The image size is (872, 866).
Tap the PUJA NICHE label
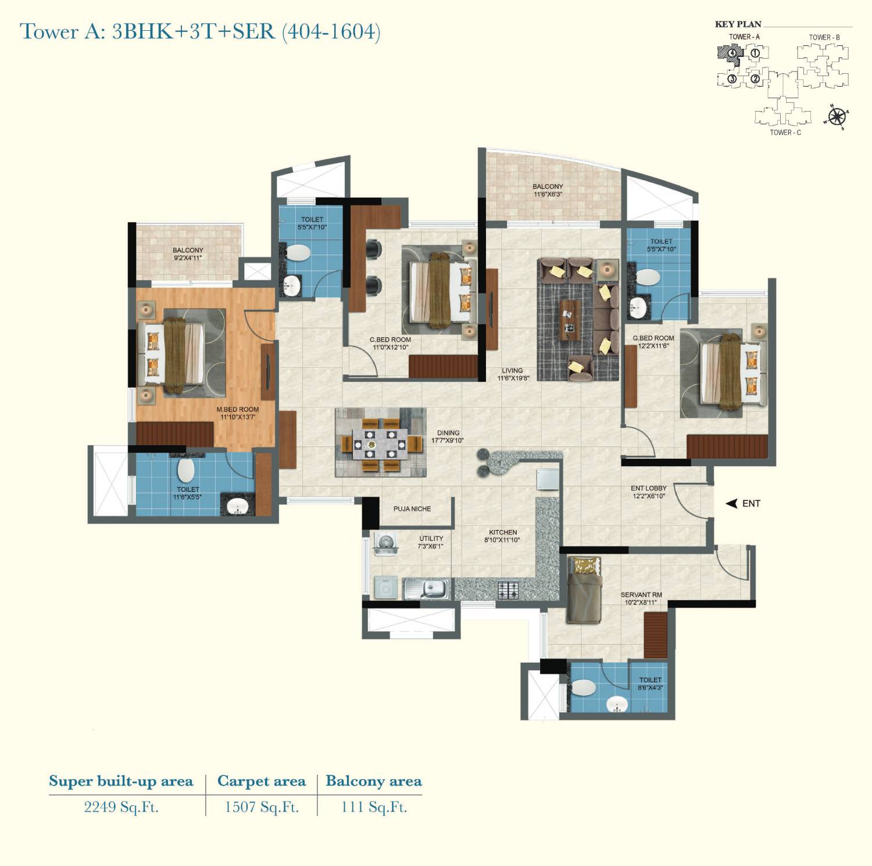point(412,509)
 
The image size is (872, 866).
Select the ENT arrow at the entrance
point(732,504)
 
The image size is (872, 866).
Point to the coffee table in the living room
point(570,320)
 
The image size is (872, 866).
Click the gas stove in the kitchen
point(508,591)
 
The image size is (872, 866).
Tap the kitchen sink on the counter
point(427,589)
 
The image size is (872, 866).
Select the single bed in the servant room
point(584,589)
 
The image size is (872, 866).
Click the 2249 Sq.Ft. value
point(121,807)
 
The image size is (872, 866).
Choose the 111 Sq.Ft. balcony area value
point(374,807)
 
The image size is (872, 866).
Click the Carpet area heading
point(261,781)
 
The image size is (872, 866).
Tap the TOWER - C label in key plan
point(785,133)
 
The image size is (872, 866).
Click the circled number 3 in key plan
point(732,78)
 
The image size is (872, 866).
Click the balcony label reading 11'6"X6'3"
point(547,191)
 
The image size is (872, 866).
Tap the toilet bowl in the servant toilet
point(583,688)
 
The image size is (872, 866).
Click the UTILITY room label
point(431,542)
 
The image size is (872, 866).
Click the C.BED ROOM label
point(390,343)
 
